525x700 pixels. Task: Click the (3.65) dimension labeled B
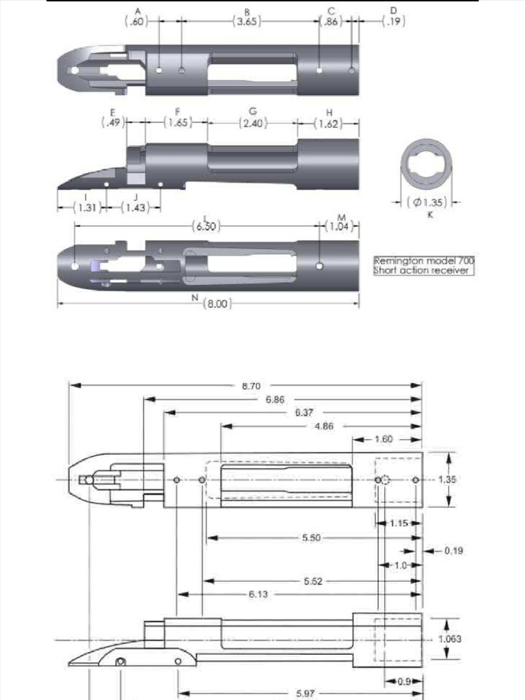[x=247, y=21]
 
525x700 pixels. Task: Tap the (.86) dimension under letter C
[x=331, y=21]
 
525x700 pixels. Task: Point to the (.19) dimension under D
[x=394, y=21]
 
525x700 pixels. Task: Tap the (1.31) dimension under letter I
[x=90, y=208]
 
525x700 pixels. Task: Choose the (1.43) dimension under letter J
[x=135, y=208]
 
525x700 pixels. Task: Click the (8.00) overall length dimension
[x=217, y=304]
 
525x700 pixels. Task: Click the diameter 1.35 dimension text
[x=428, y=202]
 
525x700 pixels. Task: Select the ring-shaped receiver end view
[x=427, y=166]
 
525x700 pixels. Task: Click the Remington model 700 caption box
[x=424, y=266]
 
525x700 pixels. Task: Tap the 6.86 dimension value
[x=275, y=400]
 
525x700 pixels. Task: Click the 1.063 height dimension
[x=451, y=639]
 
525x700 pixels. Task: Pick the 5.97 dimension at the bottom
[x=306, y=692]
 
